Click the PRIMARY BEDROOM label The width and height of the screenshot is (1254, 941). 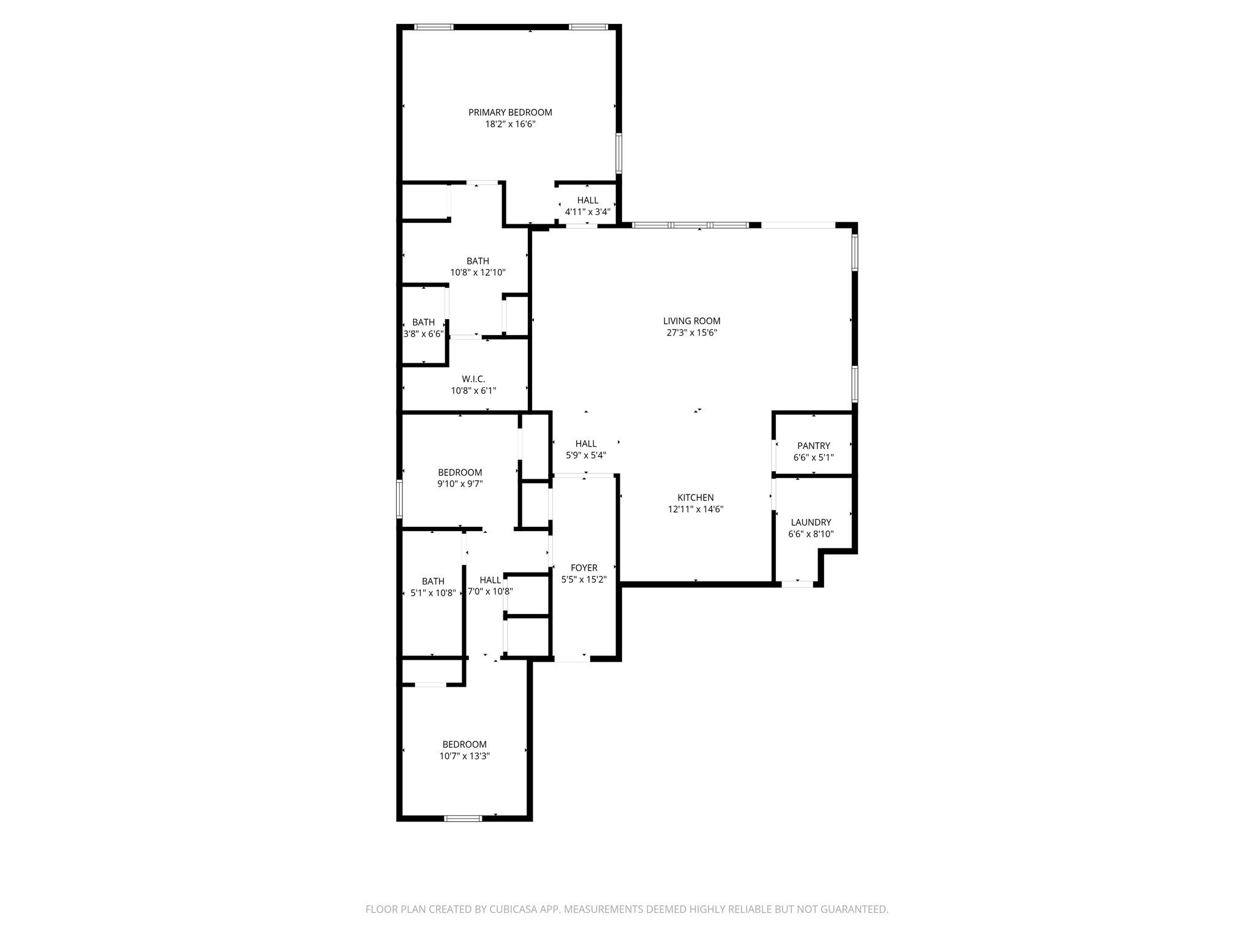(x=510, y=112)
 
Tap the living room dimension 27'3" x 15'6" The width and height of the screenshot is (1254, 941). (x=691, y=333)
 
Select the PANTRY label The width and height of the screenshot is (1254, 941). (x=813, y=445)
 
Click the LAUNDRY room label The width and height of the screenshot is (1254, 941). (x=811, y=522)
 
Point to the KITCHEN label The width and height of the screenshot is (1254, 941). (x=695, y=497)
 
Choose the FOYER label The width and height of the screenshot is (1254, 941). (x=584, y=568)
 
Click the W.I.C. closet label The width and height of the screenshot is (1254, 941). (x=473, y=379)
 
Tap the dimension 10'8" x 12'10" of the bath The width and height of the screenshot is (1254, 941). (x=478, y=273)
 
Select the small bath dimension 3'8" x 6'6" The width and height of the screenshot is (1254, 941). (x=423, y=334)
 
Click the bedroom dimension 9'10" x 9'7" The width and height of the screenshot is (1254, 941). (x=460, y=484)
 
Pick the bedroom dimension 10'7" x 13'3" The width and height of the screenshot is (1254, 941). (x=464, y=756)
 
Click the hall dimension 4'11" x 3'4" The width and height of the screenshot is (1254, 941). (x=587, y=212)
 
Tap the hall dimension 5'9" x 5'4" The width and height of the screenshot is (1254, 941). (x=585, y=455)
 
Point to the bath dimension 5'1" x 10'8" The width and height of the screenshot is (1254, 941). (x=433, y=593)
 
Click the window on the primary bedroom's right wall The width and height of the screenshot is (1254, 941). (x=619, y=153)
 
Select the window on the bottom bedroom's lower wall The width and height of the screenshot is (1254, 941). (x=463, y=818)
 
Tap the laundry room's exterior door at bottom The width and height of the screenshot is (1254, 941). (x=797, y=584)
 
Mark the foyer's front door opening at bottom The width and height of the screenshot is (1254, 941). (x=572, y=659)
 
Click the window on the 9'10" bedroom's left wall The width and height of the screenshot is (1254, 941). (x=399, y=499)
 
